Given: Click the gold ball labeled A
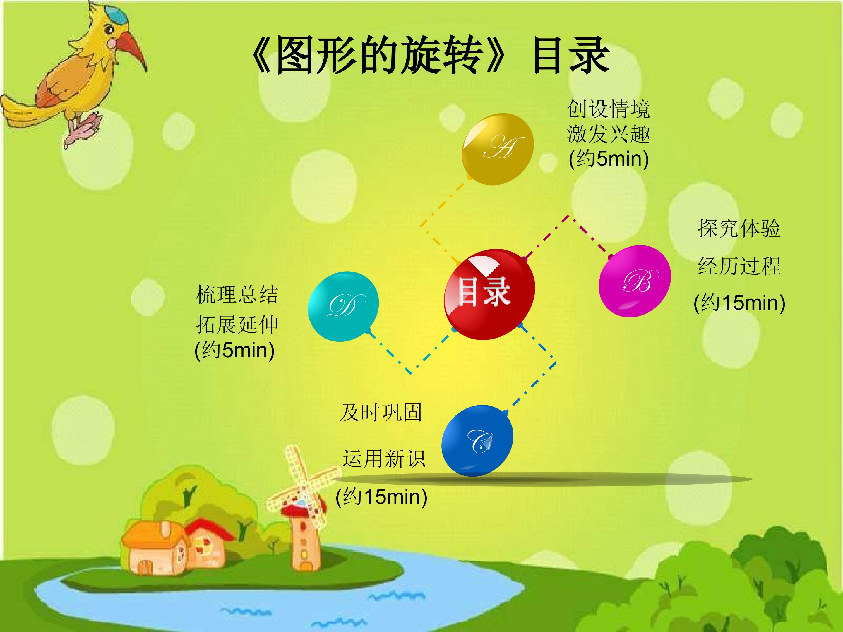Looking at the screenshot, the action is tap(497, 149).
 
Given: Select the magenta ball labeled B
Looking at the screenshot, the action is tap(635, 281).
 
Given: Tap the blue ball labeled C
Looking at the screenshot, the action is tap(477, 441).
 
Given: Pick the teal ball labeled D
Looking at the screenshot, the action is tap(343, 307).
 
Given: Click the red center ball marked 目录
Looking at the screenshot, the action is tap(490, 294).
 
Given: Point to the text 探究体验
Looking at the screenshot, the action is tap(739, 229).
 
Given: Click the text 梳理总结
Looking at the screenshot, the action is tap(237, 294).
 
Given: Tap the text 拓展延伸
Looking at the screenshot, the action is tap(237, 324).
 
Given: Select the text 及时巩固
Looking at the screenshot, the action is tap(381, 413).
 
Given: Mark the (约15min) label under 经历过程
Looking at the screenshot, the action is tap(739, 303).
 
